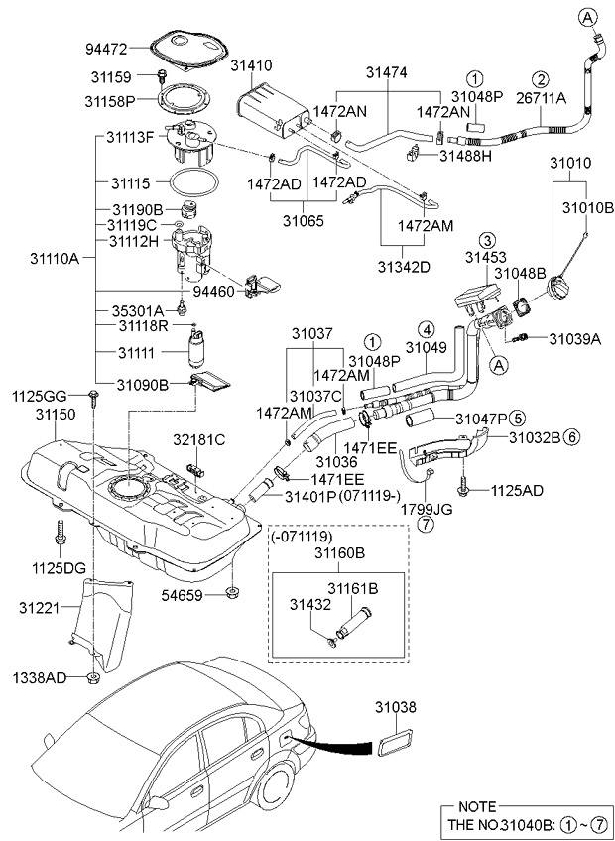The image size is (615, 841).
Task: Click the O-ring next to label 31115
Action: [x=190, y=183]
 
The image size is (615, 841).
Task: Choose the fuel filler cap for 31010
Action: [x=557, y=289]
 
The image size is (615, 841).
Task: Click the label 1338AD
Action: [x=41, y=678]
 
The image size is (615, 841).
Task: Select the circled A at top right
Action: [x=588, y=17]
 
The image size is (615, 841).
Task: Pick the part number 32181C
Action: [x=200, y=438]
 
